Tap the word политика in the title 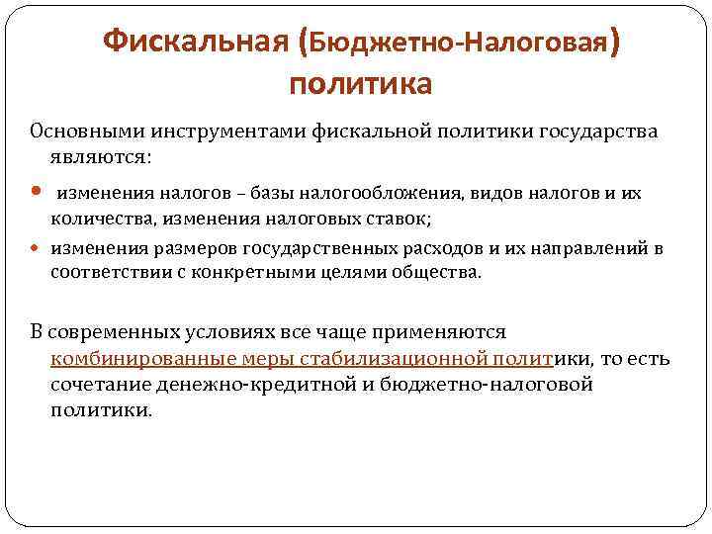360,84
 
